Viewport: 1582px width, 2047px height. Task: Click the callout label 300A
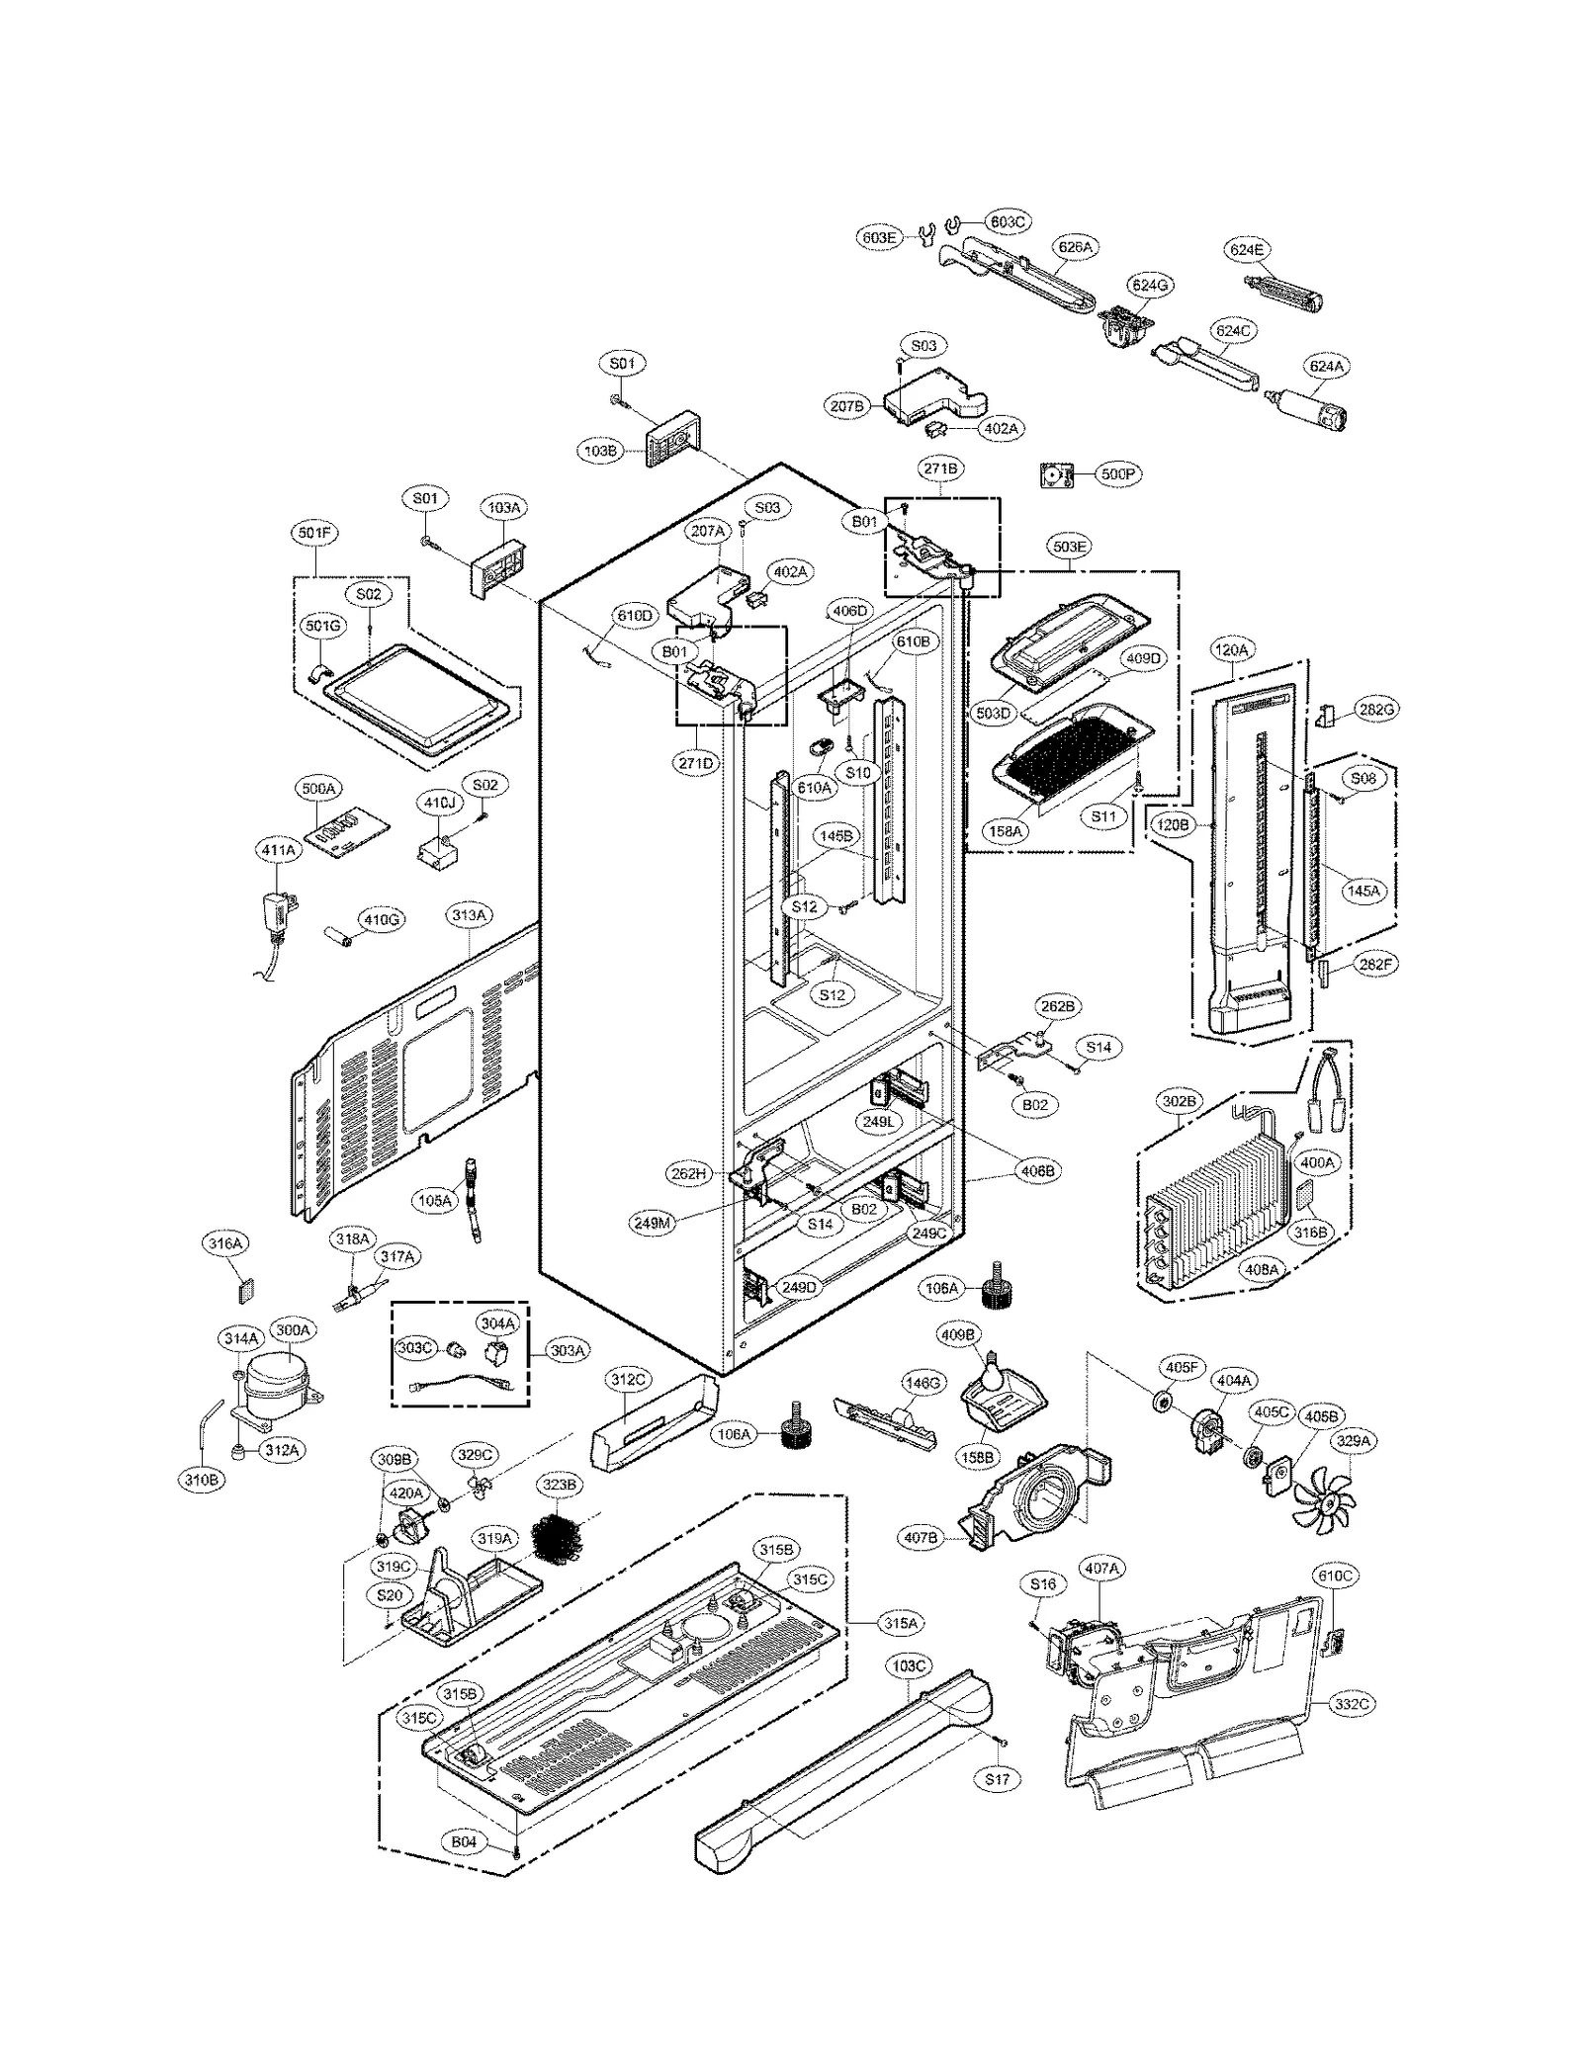pos(293,1330)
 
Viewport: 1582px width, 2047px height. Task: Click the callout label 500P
pos(1117,474)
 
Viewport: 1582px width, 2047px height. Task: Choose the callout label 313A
pos(470,915)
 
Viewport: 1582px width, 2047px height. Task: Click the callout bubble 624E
pos(1247,250)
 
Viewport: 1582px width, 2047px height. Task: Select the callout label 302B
pos(1179,1100)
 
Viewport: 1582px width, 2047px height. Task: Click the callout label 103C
pos(908,1665)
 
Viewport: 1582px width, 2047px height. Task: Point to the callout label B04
pos(464,1842)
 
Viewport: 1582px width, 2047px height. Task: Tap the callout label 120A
pos(1232,649)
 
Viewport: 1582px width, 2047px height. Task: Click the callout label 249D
pos(798,1287)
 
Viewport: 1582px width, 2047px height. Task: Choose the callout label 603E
pos(877,237)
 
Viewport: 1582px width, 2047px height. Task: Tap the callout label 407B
pos(921,1538)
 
